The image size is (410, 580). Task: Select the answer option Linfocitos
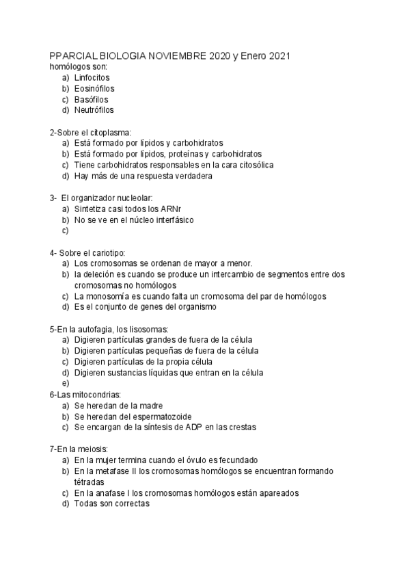point(92,78)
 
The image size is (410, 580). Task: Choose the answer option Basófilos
point(91,99)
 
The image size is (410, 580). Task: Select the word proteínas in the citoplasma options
point(180,154)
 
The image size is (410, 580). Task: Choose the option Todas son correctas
point(111,503)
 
